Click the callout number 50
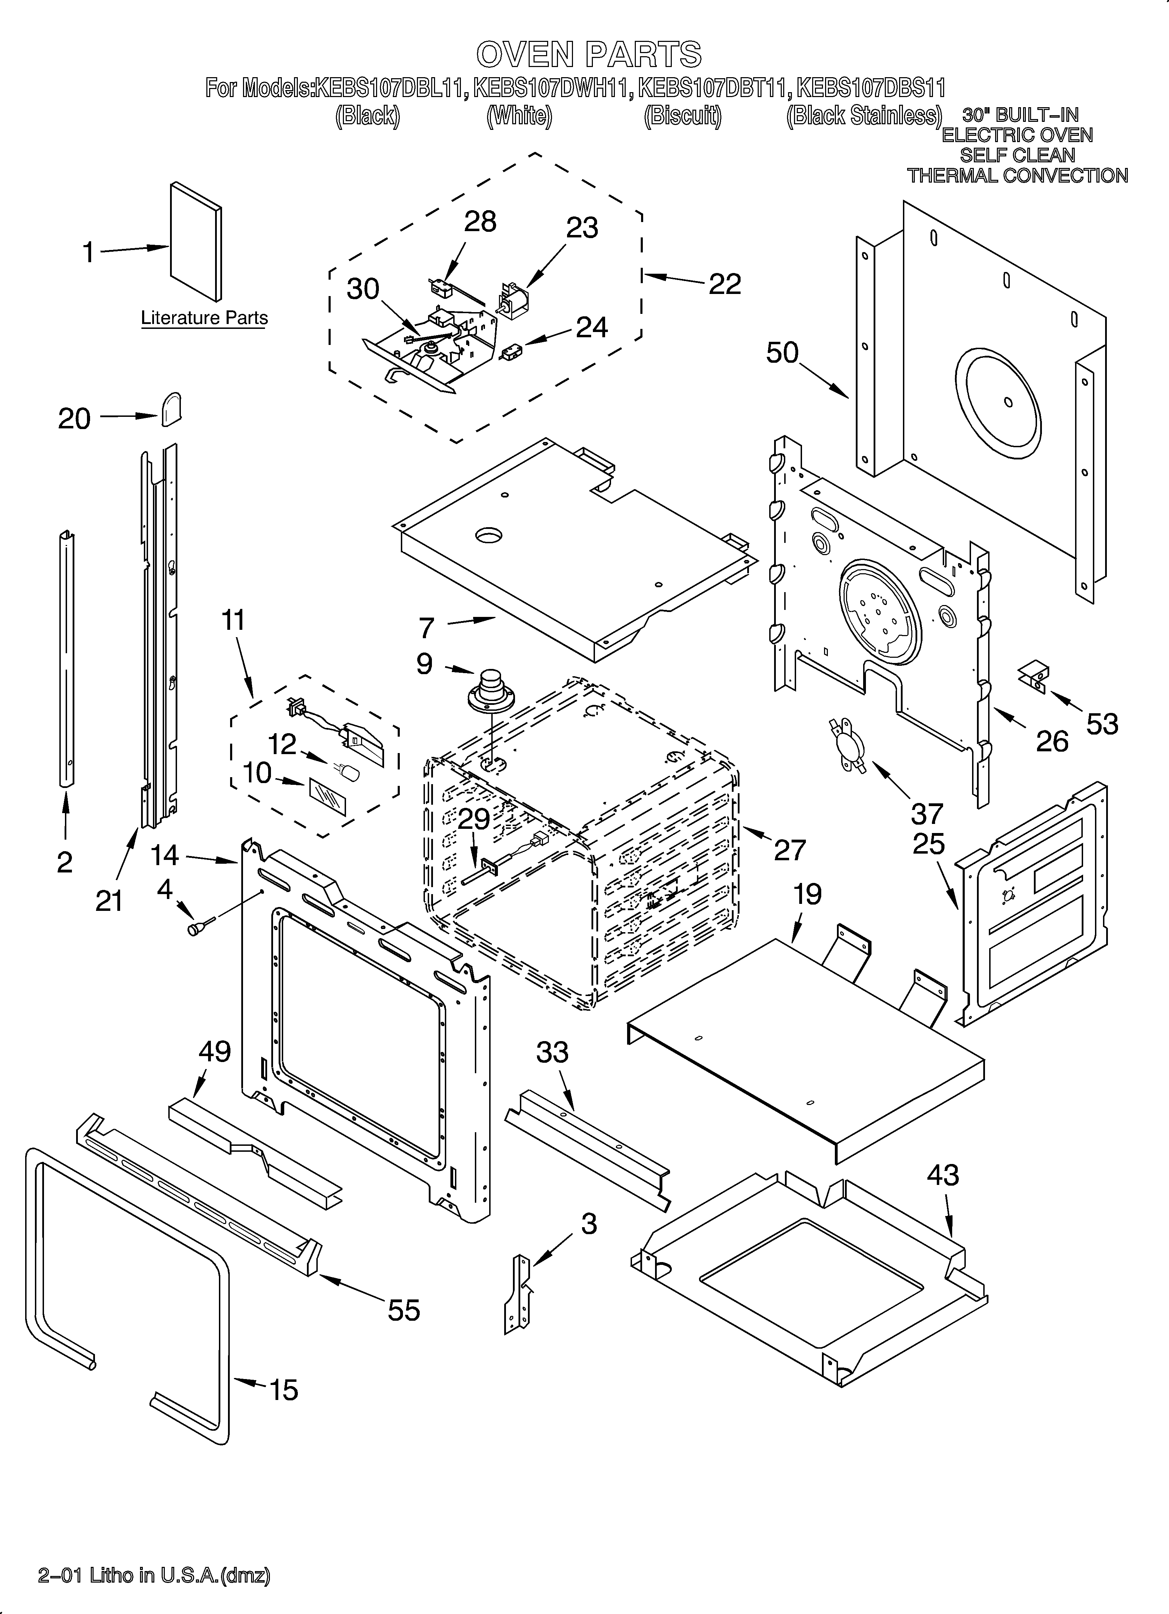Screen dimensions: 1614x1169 pyautogui.click(x=782, y=353)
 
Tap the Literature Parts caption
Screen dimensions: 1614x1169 pyautogui.click(x=204, y=318)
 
